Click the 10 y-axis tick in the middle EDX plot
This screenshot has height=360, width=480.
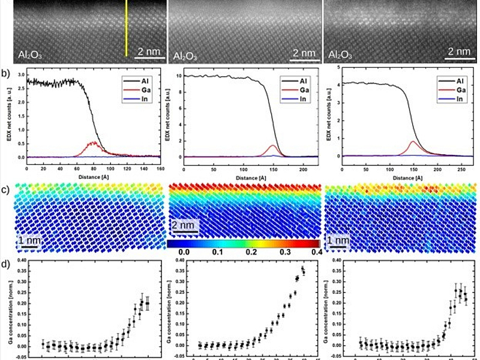tap(177, 76)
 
